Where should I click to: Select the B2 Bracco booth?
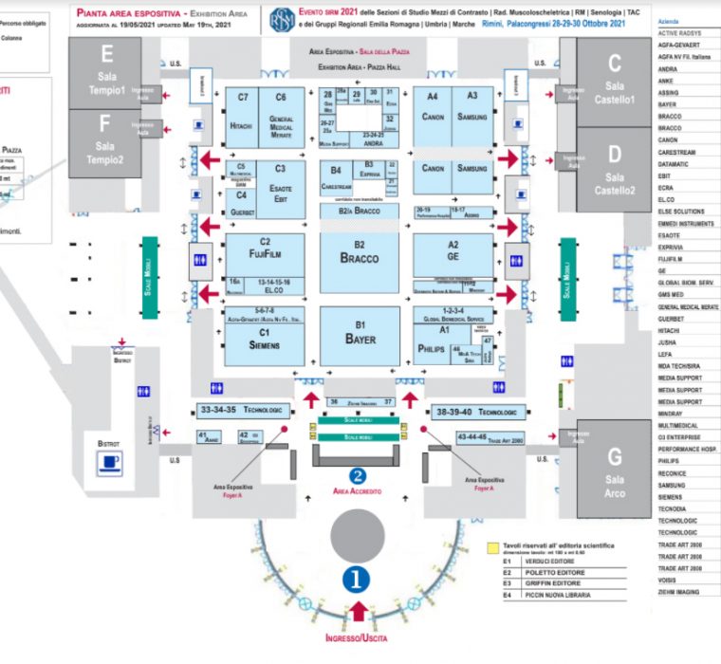[x=360, y=253]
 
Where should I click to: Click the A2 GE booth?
[x=453, y=250]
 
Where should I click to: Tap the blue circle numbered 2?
[x=358, y=476]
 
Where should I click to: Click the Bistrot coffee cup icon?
[x=112, y=462]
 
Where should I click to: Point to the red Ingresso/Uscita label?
[x=357, y=638]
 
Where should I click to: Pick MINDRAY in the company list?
[x=670, y=414]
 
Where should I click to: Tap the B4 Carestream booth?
[x=337, y=177]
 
